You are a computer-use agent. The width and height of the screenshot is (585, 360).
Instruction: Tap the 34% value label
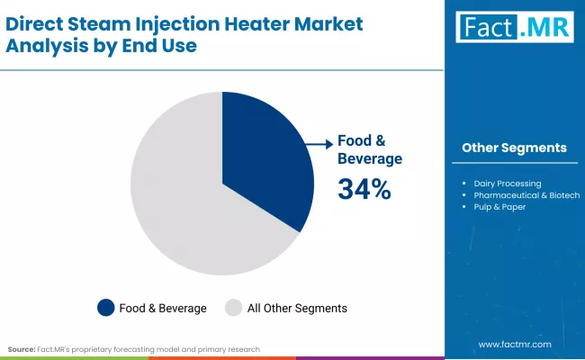pyautogui.click(x=364, y=190)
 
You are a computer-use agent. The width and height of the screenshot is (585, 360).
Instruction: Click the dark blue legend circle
pyautogui.click(x=106, y=308)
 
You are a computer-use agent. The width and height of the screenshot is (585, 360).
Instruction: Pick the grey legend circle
pyautogui.click(x=232, y=308)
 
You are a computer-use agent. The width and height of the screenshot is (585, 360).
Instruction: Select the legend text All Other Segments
pyautogui.click(x=296, y=308)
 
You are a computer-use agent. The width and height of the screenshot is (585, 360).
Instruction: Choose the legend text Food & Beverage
pyautogui.click(x=163, y=308)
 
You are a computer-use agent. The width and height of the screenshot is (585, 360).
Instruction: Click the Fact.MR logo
pyautogui.click(x=513, y=28)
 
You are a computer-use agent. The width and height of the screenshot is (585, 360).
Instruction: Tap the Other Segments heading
pyautogui.click(x=514, y=148)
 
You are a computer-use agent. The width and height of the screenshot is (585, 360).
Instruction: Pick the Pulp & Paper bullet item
pyautogui.click(x=500, y=207)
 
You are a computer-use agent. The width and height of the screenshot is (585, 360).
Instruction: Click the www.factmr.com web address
pyautogui.click(x=514, y=345)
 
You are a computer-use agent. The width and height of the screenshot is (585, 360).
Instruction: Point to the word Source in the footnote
pyautogui.click(x=21, y=348)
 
